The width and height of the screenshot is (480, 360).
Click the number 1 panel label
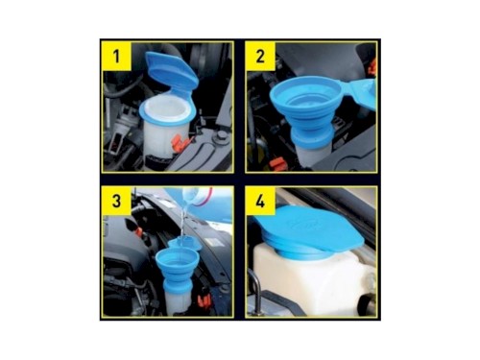(117, 57)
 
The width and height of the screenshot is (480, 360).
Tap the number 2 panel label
(260, 57)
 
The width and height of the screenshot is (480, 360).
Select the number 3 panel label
(117, 201)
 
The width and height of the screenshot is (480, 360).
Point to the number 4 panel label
(260, 201)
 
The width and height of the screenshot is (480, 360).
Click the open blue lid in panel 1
(171, 70)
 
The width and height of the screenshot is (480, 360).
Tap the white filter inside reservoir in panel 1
(166, 110)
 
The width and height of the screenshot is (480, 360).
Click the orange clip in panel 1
(180, 142)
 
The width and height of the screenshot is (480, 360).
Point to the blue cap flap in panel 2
(362, 94)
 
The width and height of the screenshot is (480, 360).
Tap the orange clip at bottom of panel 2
(277, 164)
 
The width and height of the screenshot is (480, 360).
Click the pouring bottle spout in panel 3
(189, 198)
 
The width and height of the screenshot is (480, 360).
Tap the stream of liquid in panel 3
(182, 224)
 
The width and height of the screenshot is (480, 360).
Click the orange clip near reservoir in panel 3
(204, 300)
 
